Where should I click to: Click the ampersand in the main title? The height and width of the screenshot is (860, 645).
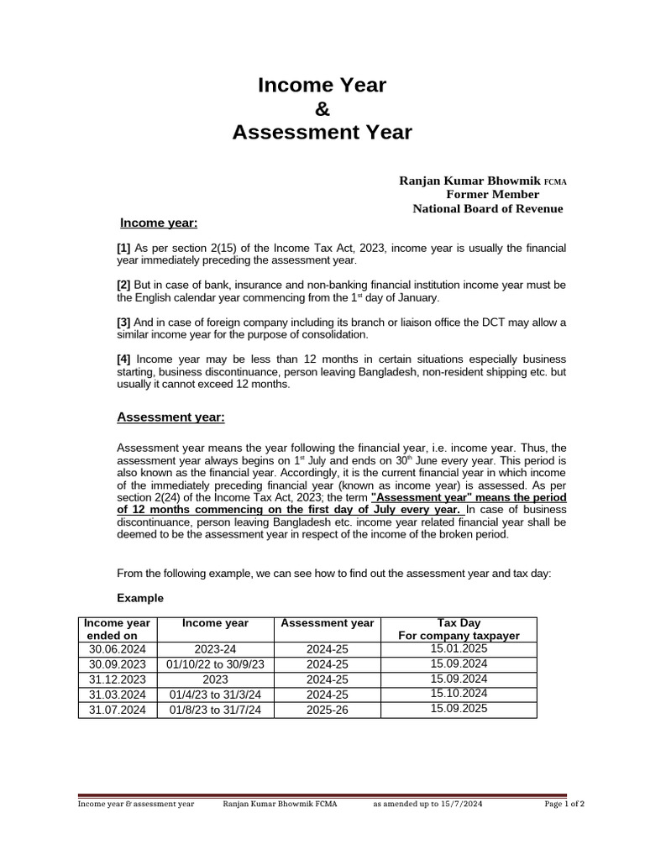[x=322, y=108]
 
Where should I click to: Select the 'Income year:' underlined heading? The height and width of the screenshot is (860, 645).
[x=159, y=223]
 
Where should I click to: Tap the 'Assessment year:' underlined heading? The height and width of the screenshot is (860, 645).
[x=170, y=417]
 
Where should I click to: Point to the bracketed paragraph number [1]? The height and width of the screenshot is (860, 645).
[x=123, y=249]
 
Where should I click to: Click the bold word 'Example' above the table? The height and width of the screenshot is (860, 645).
[x=139, y=599]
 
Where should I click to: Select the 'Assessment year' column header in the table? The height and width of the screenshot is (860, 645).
[x=327, y=623]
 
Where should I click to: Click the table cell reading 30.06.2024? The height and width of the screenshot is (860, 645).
[x=118, y=649]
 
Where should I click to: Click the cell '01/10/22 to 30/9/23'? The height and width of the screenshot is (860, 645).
[x=216, y=664]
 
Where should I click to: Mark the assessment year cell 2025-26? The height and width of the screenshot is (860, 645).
[x=327, y=710]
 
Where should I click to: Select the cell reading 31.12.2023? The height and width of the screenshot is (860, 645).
[x=118, y=679]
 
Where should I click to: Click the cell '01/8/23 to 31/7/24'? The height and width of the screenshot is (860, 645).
[x=216, y=710]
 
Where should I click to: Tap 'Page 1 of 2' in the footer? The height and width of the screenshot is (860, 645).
[x=564, y=804]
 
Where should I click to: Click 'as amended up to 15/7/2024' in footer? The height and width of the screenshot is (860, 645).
[x=427, y=804]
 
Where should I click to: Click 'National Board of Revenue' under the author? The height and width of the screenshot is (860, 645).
[x=487, y=208]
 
